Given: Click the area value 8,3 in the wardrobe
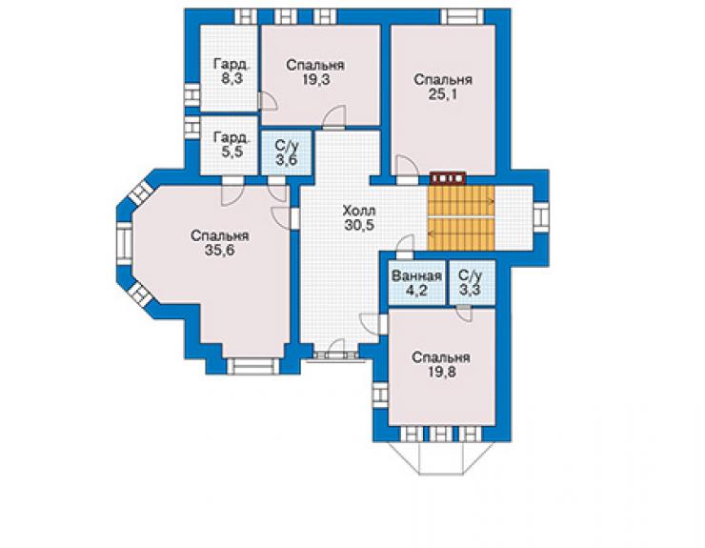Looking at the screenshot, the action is pyautogui.click(x=232, y=79).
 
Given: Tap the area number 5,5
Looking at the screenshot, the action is pyautogui.click(x=232, y=152).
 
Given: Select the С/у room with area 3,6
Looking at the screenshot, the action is pyautogui.click(x=287, y=153).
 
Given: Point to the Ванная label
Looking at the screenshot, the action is pyautogui.click(x=416, y=275).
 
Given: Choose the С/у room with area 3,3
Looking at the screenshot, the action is pyautogui.click(x=473, y=283).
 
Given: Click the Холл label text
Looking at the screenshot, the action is pyautogui.click(x=359, y=211).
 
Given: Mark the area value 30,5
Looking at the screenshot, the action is pyautogui.click(x=359, y=225).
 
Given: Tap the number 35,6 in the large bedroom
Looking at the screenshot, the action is pyautogui.click(x=219, y=250).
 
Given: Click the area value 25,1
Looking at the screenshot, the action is pyautogui.click(x=442, y=94).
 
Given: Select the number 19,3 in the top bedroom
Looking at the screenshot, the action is pyautogui.click(x=315, y=80).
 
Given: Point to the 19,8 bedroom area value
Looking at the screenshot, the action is pyautogui.click(x=441, y=373).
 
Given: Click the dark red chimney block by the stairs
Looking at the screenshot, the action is pyautogui.click(x=449, y=178).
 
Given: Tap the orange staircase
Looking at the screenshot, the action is pyautogui.click(x=461, y=217).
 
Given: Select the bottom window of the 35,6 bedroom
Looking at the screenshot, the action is pyautogui.click(x=252, y=366).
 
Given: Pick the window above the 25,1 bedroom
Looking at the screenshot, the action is pyautogui.click(x=461, y=16).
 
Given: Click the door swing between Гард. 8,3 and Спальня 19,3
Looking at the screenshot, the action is pyautogui.click(x=269, y=101).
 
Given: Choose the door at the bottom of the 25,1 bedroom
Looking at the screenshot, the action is pyautogui.click(x=407, y=170).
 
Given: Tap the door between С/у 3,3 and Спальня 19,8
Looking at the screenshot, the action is pyautogui.click(x=464, y=313).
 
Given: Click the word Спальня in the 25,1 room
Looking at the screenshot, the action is pyautogui.click(x=443, y=80).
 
